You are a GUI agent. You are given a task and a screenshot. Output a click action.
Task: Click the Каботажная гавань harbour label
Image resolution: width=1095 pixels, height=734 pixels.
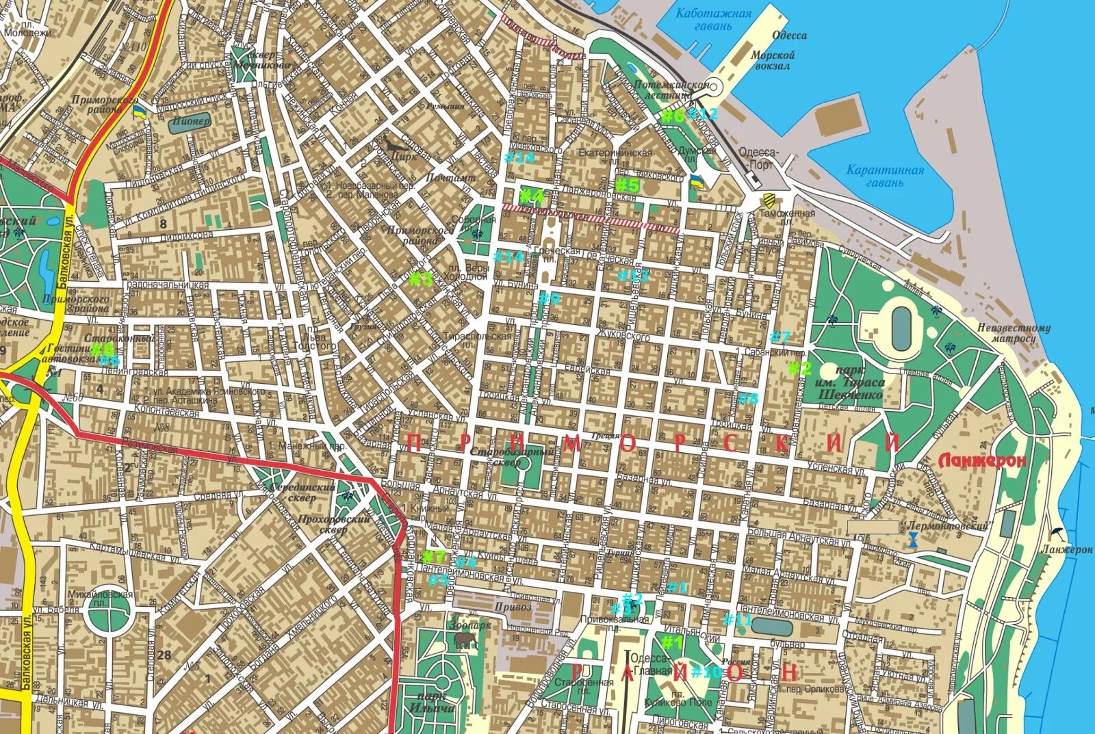pos(713,19)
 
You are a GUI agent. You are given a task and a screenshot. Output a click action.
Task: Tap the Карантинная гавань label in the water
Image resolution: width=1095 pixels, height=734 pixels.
pos(885,176)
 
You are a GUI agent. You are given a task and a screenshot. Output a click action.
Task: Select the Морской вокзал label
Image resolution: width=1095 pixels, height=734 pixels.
pos(773,60)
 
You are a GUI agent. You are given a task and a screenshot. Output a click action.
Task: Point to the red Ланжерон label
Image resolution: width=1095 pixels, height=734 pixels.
pos(982,461)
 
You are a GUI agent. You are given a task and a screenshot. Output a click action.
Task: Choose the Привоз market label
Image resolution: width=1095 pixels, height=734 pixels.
pos(513,607)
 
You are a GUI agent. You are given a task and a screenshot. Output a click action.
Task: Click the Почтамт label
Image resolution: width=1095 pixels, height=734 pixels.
pos(450,178)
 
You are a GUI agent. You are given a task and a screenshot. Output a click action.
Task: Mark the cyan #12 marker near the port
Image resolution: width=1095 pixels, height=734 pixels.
pos(704,114)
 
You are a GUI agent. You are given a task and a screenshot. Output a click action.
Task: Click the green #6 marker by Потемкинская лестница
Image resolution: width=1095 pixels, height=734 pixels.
pos(672,116)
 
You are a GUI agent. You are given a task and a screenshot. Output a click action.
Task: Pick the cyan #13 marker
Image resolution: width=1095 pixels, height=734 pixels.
pos(633,276)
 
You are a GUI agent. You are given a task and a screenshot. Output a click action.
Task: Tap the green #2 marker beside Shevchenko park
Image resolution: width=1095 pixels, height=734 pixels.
pos(799,369)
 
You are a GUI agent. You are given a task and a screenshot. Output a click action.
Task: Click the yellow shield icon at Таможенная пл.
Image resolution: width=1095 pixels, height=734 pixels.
pos(769,199)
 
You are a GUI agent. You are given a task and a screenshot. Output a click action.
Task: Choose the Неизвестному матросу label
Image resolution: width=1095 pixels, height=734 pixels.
pos(1014,333)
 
